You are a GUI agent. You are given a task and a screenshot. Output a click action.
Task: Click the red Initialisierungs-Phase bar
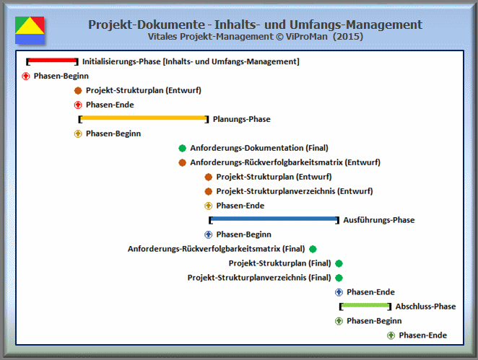52,61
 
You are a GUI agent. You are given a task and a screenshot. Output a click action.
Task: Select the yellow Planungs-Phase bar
143,118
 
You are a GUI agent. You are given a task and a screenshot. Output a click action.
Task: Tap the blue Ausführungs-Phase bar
274,219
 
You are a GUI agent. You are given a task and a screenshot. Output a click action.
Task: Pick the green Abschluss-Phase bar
365,305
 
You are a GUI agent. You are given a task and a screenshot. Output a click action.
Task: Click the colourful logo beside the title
30,30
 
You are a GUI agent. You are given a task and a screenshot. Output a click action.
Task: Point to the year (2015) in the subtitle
348,37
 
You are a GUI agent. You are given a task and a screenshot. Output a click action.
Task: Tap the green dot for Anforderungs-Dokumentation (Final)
182,148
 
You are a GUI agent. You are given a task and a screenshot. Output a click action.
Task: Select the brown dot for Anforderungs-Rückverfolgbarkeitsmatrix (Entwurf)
182,162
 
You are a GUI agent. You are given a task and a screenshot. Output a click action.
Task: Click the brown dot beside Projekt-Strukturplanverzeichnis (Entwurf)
209,191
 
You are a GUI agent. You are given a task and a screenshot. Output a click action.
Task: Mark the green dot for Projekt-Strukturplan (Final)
339,263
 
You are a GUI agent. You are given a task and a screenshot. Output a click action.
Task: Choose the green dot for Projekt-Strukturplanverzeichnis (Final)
339,278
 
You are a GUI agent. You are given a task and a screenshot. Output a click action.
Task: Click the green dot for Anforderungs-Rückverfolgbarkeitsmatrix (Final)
313,249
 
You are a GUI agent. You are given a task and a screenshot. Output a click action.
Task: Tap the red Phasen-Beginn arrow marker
26,76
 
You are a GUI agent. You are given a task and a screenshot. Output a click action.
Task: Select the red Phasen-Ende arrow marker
78,105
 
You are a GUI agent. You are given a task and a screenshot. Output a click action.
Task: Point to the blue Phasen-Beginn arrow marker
209,234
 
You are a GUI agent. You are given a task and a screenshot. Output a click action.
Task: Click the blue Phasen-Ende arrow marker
339,292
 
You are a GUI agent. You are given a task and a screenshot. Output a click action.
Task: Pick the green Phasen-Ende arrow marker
391,335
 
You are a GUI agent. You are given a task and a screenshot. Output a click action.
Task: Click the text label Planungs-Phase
241,119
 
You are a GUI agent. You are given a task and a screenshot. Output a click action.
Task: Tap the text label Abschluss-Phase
425,307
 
